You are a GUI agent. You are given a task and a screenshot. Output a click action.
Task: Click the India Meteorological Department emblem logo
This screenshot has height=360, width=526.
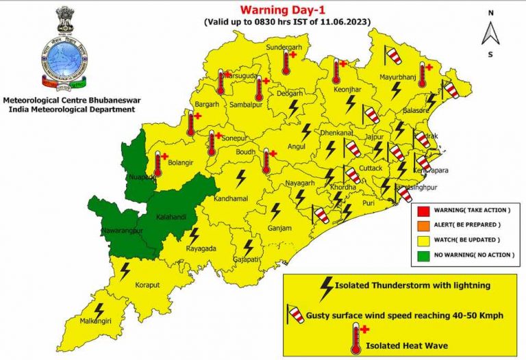pyautogui.click(x=65, y=51)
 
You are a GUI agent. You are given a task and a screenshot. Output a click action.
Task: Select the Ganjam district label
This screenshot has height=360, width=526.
pyautogui.click(x=279, y=229)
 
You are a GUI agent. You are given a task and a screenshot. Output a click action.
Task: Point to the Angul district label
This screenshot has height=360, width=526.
pyautogui.click(x=295, y=146)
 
